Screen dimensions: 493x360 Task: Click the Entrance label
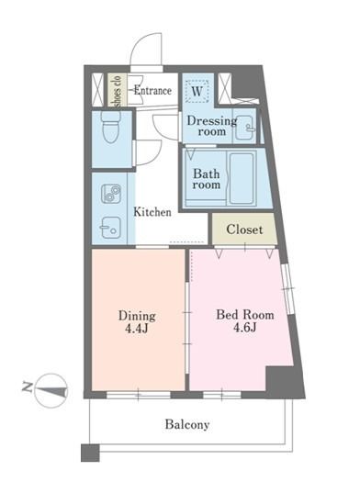[153, 90]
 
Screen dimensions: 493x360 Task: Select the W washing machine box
[197, 91]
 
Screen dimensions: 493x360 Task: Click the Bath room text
[207, 177]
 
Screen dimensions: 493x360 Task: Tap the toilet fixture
[111, 131]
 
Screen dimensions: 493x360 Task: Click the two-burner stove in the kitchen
[112, 195]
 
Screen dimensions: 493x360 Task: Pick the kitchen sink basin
[111, 226]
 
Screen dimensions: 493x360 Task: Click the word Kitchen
[152, 212]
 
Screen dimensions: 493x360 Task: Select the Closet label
[244, 229]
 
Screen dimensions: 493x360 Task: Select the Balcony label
[187, 424]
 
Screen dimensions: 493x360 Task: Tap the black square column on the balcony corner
[88, 452]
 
